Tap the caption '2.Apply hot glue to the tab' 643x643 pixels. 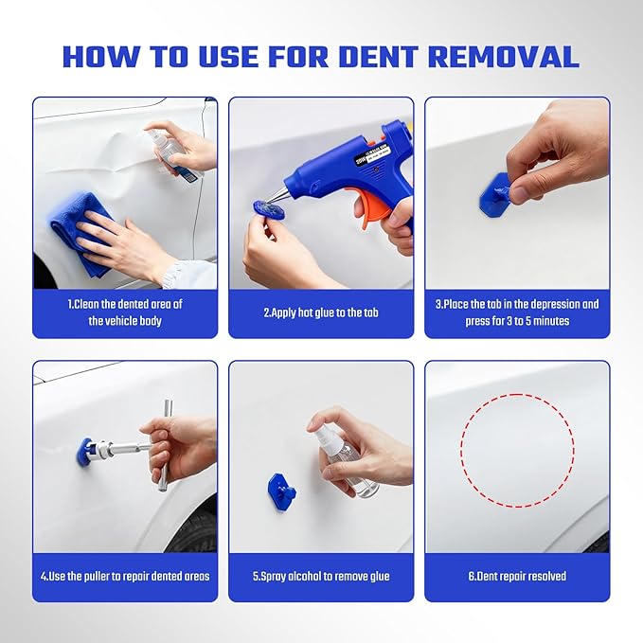pos(321,312)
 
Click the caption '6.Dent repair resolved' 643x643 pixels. pos(517,576)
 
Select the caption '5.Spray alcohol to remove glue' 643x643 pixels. pos(321,576)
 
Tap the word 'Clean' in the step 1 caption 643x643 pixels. pos(88,304)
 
